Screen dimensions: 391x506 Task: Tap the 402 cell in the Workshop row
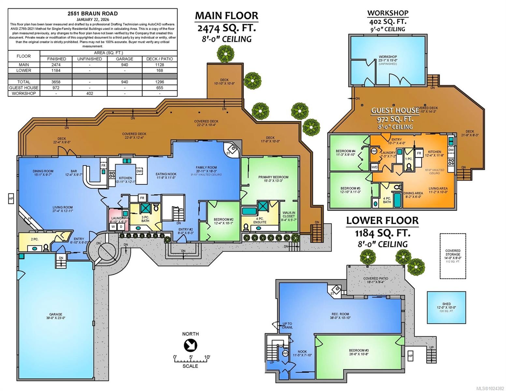click(90, 94)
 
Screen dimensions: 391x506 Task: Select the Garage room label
click(56, 314)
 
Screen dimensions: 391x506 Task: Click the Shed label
click(446, 304)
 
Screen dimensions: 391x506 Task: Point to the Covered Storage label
click(453, 253)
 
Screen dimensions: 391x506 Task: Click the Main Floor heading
click(226, 16)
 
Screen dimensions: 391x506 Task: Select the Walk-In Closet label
click(289, 214)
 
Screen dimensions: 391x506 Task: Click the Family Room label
click(206, 167)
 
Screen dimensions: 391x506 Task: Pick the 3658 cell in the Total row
click(56, 82)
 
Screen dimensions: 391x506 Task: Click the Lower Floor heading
click(382, 221)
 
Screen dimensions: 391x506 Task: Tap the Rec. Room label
click(340, 314)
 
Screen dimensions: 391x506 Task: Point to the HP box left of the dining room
click(11, 199)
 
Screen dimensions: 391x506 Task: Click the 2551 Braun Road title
click(93, 14)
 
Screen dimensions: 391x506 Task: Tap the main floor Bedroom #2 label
click(224, 219)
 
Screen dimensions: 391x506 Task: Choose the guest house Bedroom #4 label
click(346, 151)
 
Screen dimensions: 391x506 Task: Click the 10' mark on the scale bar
click(207, 357)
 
